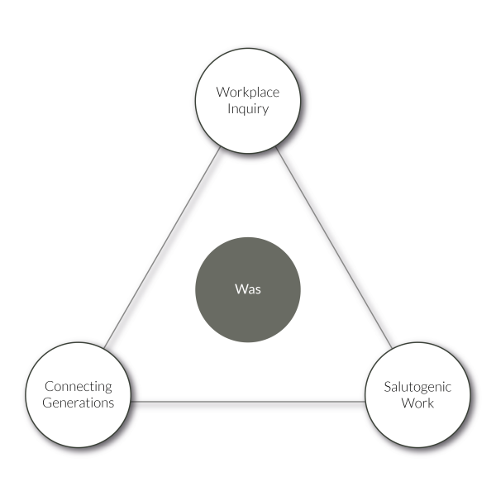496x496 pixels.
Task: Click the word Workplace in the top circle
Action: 247,92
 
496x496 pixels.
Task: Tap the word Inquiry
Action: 247,108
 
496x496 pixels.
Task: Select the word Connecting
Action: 79,386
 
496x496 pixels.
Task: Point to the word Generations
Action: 79,403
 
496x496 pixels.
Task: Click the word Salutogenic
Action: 417,387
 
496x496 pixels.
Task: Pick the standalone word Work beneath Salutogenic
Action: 417,403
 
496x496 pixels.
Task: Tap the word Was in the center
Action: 247,291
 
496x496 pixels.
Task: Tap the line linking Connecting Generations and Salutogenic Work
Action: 248,402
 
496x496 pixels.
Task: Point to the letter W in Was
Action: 239,291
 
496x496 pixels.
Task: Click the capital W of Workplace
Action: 222,92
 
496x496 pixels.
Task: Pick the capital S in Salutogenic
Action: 387,387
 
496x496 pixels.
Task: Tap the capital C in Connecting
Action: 49,386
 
